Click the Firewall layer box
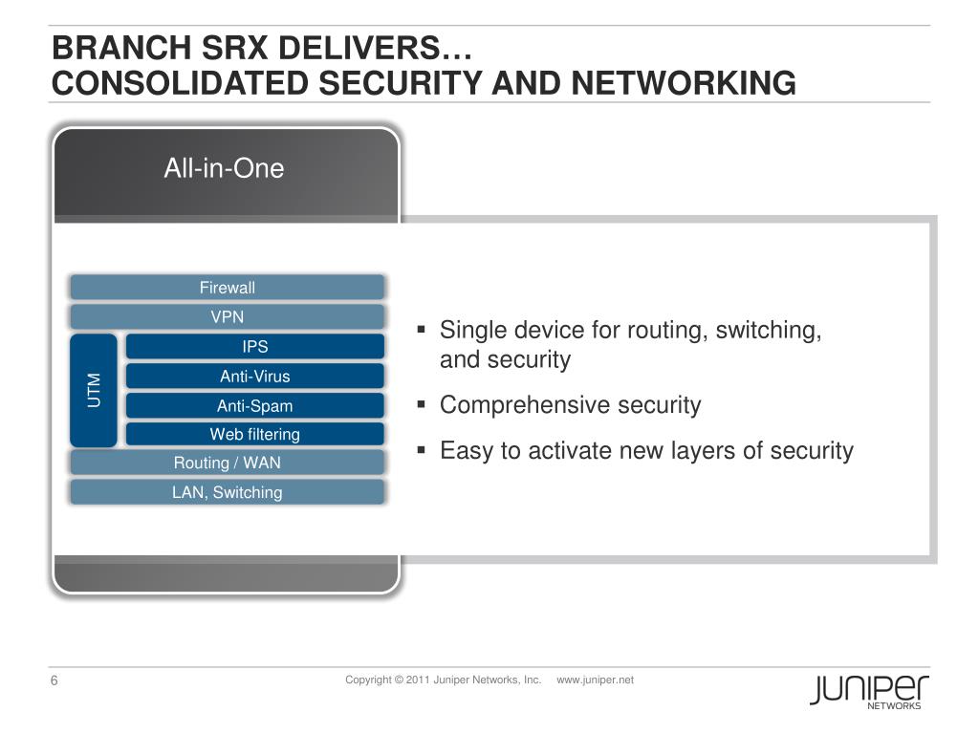tap(227, 288)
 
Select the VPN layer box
tap(227, 317)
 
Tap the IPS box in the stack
tap(254, 347)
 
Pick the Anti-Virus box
tap(254, 377)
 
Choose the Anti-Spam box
tap(254, 406)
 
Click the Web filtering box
tap(254, 435)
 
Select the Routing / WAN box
tap(227, 464)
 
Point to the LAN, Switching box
tap(227, 493)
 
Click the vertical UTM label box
tap(94, 390)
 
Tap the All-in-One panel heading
tap(224, 169)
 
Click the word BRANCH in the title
tap(101, 48)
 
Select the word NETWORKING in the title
tap(684, 84)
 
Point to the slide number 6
tap(54, 681)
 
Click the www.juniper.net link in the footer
tap(595, 680)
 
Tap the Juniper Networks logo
tap(869, 690)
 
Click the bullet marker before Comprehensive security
tap(422, 405)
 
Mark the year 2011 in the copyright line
tap(418, 680)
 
